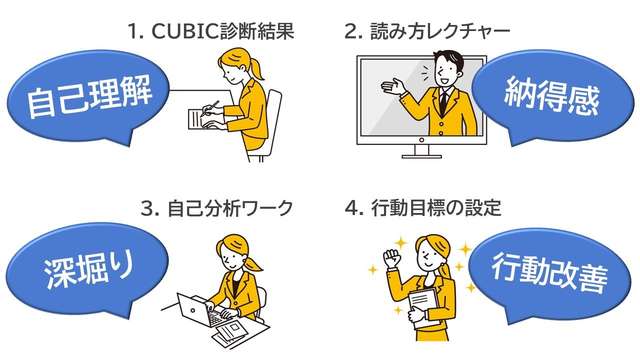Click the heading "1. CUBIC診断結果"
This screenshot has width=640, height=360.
point(211,31)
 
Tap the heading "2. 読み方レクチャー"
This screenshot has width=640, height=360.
point(427,31)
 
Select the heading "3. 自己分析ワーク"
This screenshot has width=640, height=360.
point(217,208)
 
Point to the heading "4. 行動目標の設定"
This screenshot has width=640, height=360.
point(423,207)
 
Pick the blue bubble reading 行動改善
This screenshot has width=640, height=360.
point(549,274)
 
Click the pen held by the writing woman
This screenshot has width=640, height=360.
point(209,109)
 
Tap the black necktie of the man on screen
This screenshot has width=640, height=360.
point(443,103)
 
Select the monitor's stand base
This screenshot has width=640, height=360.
point(421,156)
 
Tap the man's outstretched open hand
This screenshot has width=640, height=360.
point(393,86)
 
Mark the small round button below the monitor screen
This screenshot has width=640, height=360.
point(421,140)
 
